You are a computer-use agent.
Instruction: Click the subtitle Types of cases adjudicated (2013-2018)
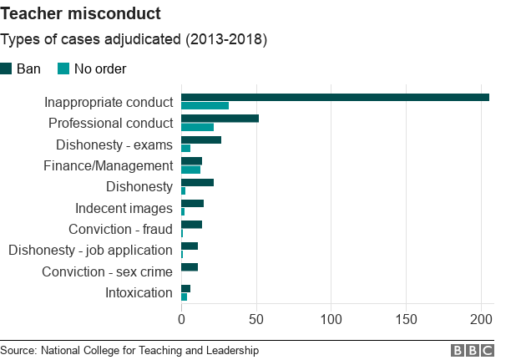point(134,40)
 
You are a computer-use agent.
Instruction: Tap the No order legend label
point(100,68)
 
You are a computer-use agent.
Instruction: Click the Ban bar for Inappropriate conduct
point(335,98)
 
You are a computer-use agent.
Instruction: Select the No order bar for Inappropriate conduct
point(205,106)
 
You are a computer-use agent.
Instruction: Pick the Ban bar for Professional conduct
point(220,119)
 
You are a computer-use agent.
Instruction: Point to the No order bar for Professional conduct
point(197,127)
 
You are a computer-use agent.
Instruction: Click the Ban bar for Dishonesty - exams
point(201,139)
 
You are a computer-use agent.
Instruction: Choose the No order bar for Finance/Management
point(190,170)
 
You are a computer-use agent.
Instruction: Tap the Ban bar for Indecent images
point(192,203)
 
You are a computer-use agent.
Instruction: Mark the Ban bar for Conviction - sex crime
point(190,267)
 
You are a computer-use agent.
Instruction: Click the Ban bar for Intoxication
point(185,288)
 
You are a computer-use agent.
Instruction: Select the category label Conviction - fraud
point(120,229)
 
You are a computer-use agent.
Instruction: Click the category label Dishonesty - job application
point(90,250)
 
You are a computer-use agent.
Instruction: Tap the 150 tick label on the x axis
point(407,318)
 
